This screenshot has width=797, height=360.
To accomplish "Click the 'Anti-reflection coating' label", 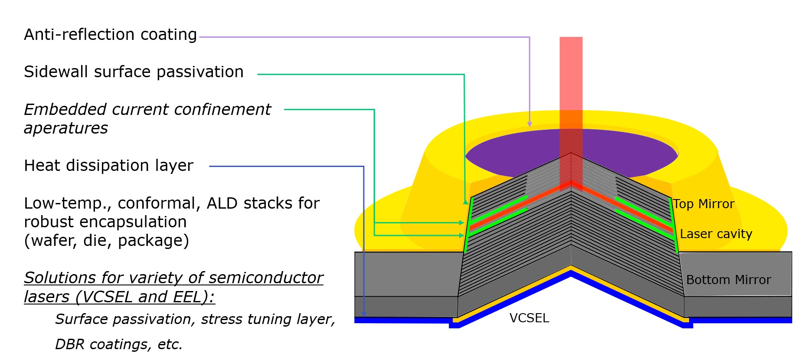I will click(110, 35).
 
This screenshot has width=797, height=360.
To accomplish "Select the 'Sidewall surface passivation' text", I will click(134, 72).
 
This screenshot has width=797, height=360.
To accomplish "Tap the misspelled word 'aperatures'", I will click(66, 128).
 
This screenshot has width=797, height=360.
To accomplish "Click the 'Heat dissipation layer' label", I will click(108, 166).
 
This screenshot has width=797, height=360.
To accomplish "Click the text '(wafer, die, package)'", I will click(106, 241).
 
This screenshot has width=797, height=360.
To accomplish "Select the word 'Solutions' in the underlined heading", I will click(60, 278).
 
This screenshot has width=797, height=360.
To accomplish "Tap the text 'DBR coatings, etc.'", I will click(119, 344).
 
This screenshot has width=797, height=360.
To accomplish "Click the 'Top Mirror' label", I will click(703, 204).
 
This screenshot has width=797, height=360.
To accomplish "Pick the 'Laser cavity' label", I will click(716, 234).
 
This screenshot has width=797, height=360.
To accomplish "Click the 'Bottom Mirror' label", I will click(728, 280).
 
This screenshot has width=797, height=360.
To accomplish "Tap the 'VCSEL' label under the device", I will click(529, 318).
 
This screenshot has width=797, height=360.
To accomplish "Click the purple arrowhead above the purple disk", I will click(529, 124).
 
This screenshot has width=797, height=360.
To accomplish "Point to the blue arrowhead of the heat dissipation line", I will click(364, 314).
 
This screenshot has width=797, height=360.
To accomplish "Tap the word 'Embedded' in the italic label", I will click(65, 110).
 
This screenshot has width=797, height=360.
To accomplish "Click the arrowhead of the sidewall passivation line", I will click(465, 202).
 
